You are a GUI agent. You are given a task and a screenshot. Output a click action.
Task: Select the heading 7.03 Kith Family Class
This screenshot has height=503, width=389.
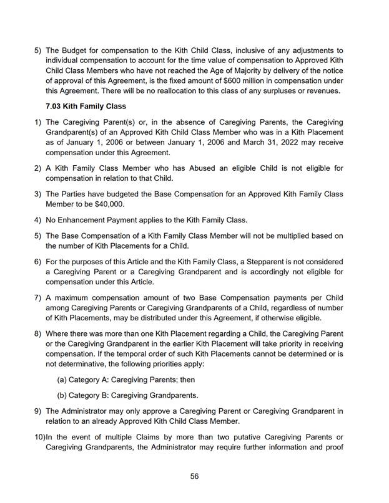(x=86, y=107)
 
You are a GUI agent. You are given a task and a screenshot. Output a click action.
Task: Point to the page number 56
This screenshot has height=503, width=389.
(x=194, y=476)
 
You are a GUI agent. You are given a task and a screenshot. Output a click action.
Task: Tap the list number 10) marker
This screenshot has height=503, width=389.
(x=39, y=437)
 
